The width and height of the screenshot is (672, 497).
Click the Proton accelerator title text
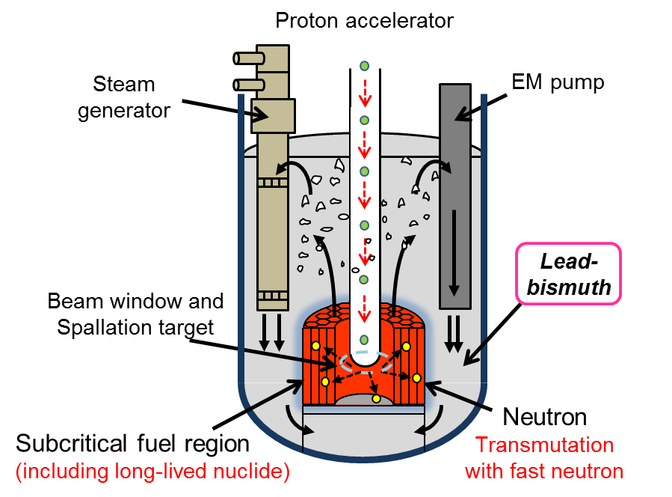tap(364, 21)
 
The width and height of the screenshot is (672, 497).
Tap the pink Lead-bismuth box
tap(568, 274)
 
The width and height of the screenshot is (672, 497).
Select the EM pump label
tap(558, 82)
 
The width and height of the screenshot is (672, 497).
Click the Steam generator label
tap(124, 97)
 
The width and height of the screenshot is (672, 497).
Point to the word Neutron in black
tap(545, 417)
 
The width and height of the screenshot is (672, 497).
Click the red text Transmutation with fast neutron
tap(544, 458)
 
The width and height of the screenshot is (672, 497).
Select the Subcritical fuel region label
tap(132, 443)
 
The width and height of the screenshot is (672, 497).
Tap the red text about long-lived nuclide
tap(152, 472)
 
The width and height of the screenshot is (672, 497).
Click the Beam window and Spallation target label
tap(135, 314)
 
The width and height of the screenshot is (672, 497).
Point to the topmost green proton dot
tap(364, 66)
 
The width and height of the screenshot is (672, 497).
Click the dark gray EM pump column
tap(455, 196)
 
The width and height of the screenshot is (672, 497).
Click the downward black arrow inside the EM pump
tap(454, 252)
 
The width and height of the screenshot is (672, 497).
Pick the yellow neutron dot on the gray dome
tap(376, 399)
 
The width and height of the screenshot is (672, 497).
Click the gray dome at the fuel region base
tap(364, 399)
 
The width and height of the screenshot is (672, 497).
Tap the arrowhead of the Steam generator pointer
tap(261, 115)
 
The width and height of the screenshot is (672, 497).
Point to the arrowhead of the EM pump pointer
tap(463, 115)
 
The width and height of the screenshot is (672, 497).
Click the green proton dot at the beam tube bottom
tap(364, 340)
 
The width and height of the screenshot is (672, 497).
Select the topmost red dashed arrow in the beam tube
tap(365, 93)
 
